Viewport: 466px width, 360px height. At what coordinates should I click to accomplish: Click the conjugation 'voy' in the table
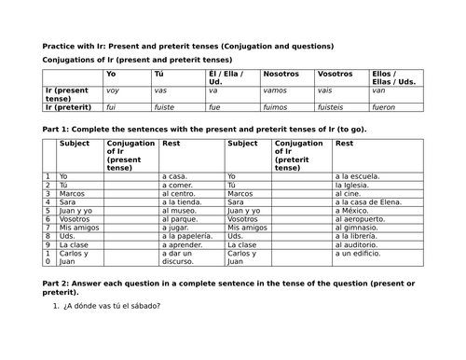pyautogui.click(x=113, y=90)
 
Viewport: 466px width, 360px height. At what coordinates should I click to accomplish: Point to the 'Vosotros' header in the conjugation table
pyautogui.click(x=336, y=73)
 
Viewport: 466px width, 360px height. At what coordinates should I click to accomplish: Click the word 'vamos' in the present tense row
pyautogui.click(x=277, y=90)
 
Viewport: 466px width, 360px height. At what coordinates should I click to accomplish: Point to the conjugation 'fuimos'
pyautogui.click(x=277, y=106)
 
